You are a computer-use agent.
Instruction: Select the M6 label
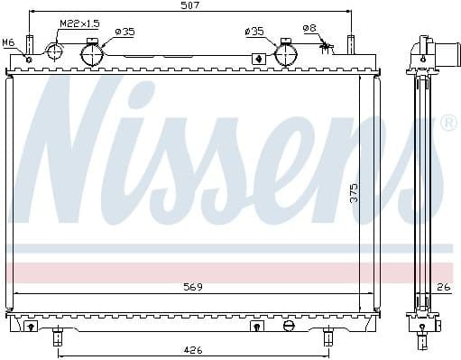click(8, 42)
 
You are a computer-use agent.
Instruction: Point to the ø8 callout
click(309, 28)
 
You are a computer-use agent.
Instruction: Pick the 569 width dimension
click(191, 287)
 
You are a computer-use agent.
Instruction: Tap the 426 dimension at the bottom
click(192, 350)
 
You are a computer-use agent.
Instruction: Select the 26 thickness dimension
click(442, 288)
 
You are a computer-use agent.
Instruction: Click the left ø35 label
click(124, 32)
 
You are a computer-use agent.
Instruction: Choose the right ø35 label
click(255, 32)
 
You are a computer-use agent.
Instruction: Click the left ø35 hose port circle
click(94, 55)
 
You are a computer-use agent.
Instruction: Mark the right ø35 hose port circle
click(286, 54)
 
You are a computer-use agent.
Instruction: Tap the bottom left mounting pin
click(57, 337)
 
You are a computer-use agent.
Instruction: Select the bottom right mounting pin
click(327, 337)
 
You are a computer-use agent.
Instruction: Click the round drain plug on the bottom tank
click(289, 325)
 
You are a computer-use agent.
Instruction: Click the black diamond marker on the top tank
click(260, 60)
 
